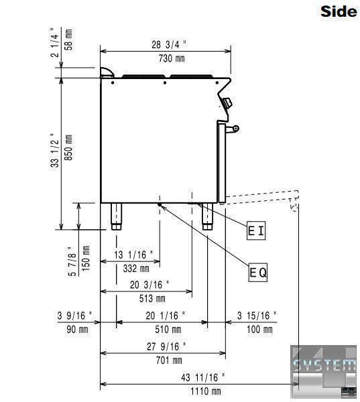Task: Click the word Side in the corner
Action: (339, 11)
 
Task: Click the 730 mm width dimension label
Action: (172, 58)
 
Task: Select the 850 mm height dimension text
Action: (68, 147)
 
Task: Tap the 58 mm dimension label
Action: (68, 40)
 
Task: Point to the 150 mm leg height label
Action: (86, 259)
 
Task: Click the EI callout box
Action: (256, 230)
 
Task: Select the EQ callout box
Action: (258, 272)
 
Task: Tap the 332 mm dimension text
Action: (136, 269)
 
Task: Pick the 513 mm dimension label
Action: (152, 298)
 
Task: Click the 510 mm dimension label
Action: (168, 329)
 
